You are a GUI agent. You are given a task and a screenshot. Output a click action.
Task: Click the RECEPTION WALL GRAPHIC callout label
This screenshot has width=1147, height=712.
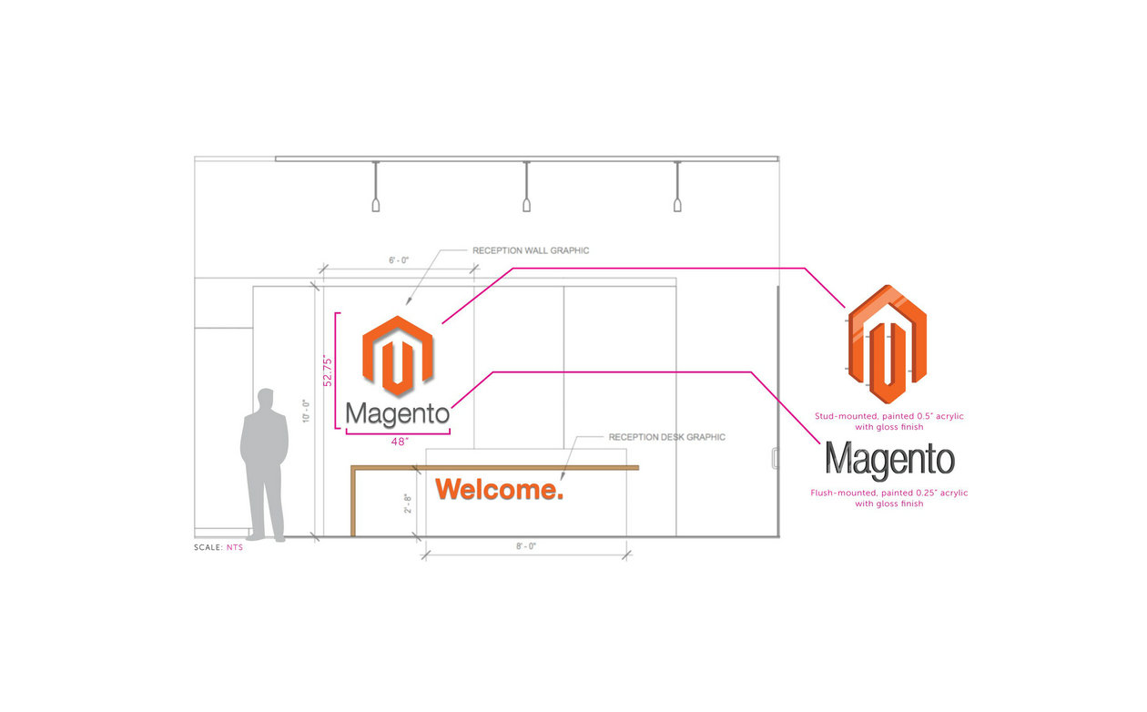pos(531,250)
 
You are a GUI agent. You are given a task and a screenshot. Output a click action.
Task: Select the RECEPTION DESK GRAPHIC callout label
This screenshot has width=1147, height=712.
pos(666,437)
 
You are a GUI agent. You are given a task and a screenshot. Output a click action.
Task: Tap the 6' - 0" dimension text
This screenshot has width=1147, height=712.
pos(399,260)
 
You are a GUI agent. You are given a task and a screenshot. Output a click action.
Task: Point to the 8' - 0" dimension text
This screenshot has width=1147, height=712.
pos(526,546)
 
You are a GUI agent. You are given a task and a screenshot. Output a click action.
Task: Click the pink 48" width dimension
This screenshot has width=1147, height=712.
pos(400,442)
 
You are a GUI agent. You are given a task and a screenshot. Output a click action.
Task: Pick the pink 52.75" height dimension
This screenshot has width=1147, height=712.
pos(328,371)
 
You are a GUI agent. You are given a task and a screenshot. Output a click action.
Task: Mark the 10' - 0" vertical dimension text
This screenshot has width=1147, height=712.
pos(306,411)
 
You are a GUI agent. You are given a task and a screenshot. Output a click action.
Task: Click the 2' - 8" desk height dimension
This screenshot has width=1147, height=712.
pos(408,503)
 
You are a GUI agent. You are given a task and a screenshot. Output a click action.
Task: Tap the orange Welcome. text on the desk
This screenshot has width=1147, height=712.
pos(499,490)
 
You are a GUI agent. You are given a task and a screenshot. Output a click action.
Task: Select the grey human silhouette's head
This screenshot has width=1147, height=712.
pos(265,398)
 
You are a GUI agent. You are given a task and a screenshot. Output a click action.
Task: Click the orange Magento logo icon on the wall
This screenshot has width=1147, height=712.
pos(398,356)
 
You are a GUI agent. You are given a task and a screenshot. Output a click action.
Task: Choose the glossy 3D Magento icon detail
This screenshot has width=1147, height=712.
pos(887,344)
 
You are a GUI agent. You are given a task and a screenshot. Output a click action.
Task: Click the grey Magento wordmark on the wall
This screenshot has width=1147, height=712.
pos(398,414)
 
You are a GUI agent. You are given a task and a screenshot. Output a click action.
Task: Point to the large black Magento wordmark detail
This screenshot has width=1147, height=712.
pos(890,461)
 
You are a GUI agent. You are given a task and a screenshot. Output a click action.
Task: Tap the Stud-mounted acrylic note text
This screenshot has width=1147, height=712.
pos(888,422)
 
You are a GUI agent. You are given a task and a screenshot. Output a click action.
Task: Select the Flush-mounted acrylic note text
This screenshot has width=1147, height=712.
pos(888,498)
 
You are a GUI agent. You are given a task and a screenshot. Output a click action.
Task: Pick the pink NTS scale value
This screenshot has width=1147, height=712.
pos(235,547)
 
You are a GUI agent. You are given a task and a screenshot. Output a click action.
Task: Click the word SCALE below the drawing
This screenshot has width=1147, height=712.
pos(208,547)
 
